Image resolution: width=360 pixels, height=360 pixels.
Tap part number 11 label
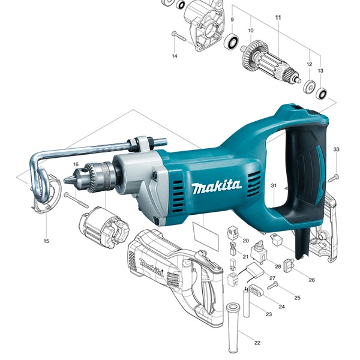tap(278, 17)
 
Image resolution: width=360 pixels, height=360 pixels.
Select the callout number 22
tap(257, 343)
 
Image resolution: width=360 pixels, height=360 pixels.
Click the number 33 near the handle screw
tap(336, 149)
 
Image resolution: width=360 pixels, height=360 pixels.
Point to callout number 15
tap(46, 241)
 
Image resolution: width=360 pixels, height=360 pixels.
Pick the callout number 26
tap(311, 280)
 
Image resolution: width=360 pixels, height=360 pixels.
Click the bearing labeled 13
tap(322, 93)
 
